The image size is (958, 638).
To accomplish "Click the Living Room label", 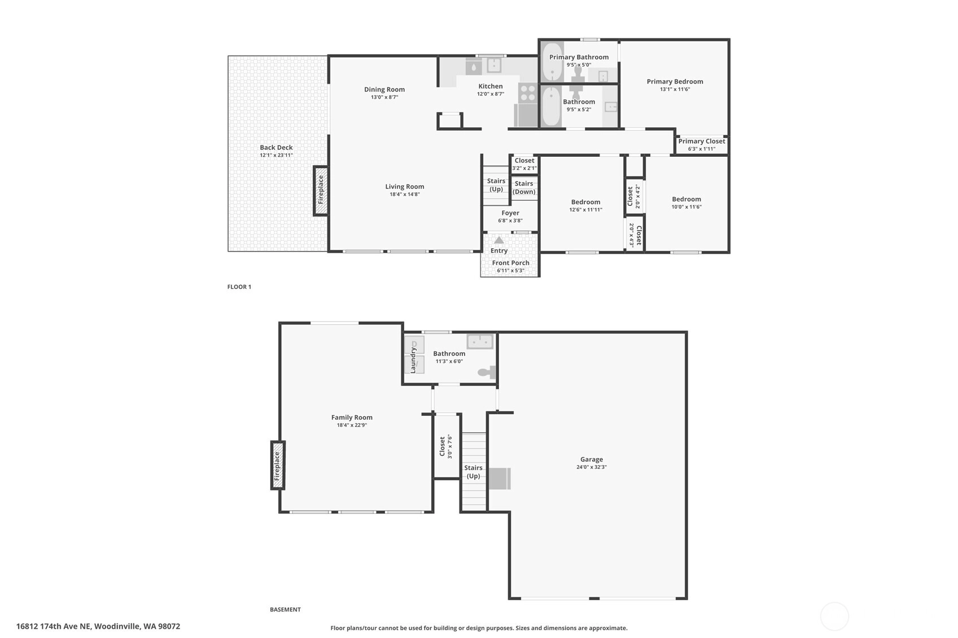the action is pyautogui.click(x=405, y=187).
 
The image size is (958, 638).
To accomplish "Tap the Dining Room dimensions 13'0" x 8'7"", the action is pyautogui.click(x=384, y=98).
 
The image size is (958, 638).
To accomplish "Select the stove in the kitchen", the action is pyautogui.click(x=528, y=93).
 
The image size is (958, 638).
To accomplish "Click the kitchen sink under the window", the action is pyautogui.click(x=494, y=66).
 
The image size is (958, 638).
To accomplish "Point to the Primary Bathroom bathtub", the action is pyautogui.click(x=553, y=61).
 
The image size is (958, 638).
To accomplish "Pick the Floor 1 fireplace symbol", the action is pyautogui.click(x=321, y=191).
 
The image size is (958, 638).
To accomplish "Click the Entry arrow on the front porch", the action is pyautogui.click(x=499, y=240).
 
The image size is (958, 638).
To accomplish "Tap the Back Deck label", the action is pyautogui.click(x=276, y=147).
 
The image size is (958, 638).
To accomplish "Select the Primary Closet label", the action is pyautogui.click(x=701, y=142).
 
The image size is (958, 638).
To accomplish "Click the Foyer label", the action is pyautogui.click(x=510, y=213).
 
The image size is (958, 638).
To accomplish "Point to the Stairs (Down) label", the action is pyautogui.click(x=524, y=188).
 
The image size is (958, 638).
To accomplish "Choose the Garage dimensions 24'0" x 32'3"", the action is pyautogui.click(x=592, y=467).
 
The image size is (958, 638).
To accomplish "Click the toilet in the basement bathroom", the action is pyautogui.click(x=487, y=372).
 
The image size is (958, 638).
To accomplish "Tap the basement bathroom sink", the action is pyautogui.click(x=480, y=342).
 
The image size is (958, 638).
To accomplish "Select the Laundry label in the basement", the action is pyautogui.click(x=413, y=360).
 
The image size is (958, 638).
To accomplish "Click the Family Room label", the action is pyautogui.click(x=352, y=417).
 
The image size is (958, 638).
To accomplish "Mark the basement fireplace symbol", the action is pyautogui.click(x=278, y=465).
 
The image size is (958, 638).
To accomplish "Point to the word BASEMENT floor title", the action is pyautogui.click(x=285, y=609).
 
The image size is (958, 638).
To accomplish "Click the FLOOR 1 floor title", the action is pyautogui.click(x=239, y=287).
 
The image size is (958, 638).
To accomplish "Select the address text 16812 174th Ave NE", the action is pyautogui.click(x=54, y=627).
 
